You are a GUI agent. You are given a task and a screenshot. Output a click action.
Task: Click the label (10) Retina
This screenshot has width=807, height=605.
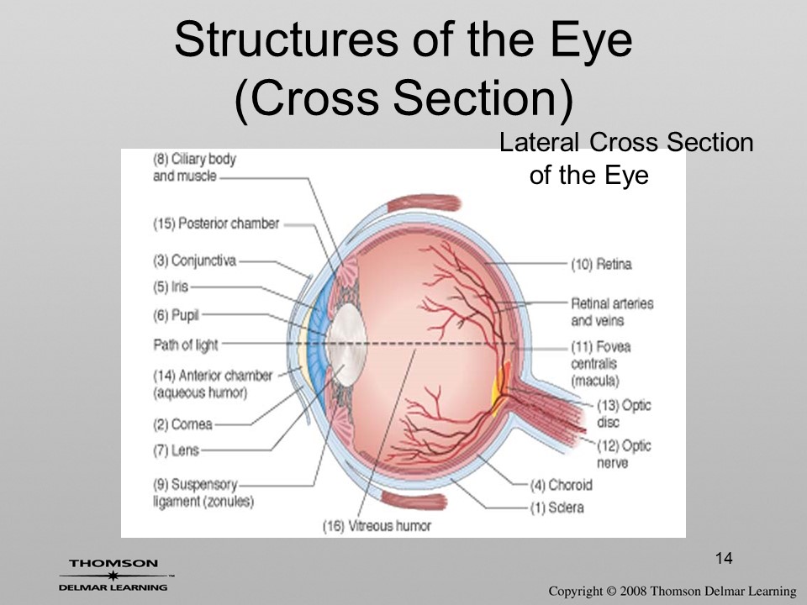601,265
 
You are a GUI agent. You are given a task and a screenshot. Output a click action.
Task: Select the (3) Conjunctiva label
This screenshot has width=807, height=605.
194,260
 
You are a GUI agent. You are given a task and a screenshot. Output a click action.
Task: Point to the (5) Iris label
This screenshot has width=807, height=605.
171,287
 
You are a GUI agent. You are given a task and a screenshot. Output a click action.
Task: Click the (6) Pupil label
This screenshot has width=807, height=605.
176,315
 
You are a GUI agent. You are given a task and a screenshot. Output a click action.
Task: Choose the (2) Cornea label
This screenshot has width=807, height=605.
182,424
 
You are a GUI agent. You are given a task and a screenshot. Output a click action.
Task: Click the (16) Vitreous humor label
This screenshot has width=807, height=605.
377,526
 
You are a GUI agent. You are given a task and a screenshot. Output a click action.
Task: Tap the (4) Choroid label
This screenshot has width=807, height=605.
562,485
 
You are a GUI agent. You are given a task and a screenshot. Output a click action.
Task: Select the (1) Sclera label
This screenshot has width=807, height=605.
557,508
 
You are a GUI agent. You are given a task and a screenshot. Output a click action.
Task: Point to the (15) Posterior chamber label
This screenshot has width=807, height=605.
216,224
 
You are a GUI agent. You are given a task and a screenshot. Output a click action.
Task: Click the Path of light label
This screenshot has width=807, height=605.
186,345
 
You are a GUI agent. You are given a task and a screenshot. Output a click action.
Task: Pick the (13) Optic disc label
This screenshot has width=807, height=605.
624,413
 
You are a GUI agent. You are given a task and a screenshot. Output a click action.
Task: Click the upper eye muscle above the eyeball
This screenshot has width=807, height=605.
424,203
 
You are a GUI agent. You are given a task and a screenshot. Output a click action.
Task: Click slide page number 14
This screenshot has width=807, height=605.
724,558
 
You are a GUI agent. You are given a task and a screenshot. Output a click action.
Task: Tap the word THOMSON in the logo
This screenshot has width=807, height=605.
113,563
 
